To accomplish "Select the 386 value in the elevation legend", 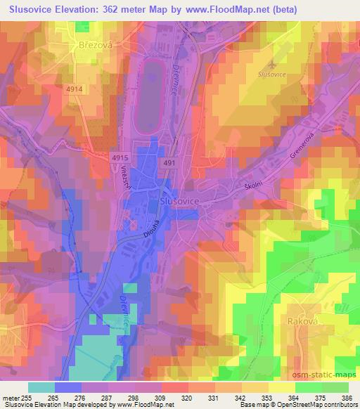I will (x=347, y=398).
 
